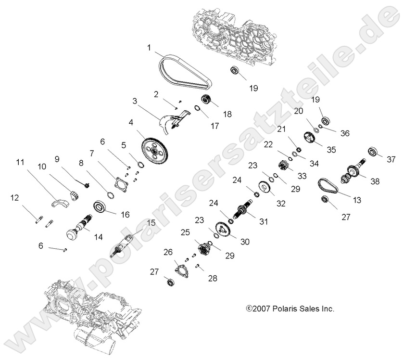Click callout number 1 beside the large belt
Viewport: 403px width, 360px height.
[150, 48]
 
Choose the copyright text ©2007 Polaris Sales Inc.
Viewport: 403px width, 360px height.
[290, 309]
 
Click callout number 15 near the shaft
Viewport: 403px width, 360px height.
[151, 223]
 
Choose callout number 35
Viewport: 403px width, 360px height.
[331, 149]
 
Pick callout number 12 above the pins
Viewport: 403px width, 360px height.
[15, 197]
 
